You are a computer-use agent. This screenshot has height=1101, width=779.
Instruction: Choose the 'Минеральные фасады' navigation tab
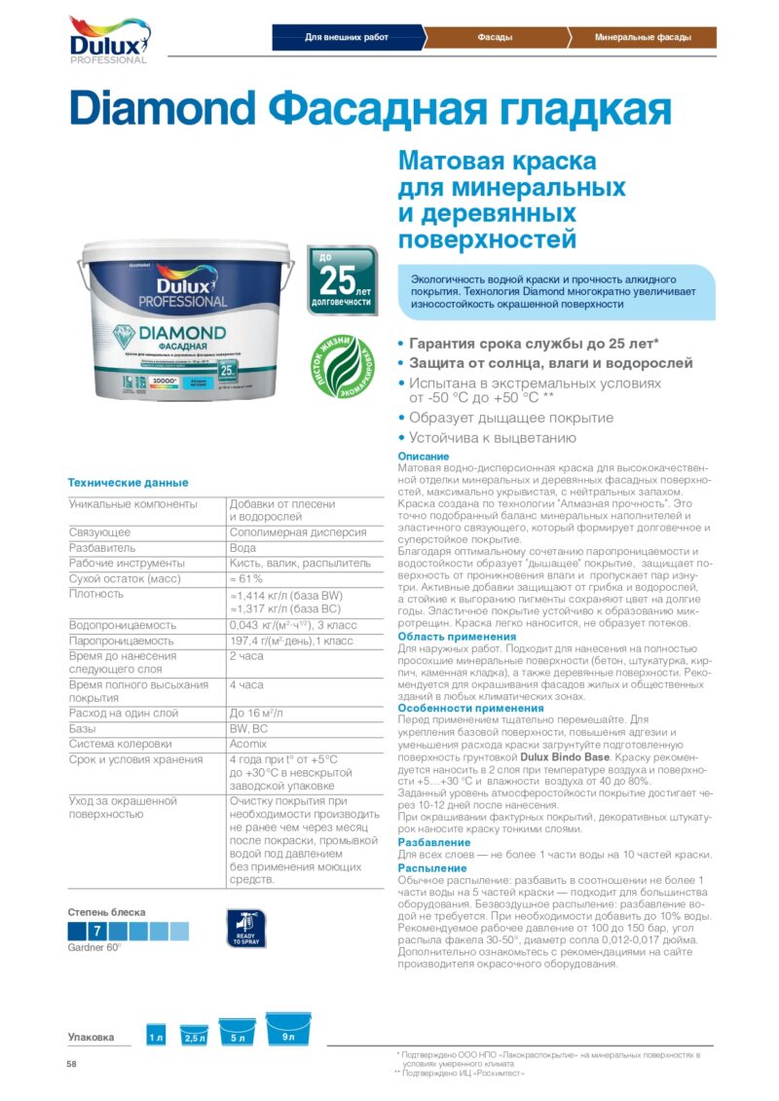(x=643, y=38)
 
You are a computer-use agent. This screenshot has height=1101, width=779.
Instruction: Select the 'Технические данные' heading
(x=128, y=483)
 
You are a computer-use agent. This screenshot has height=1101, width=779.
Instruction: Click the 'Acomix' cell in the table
(x=248, y=743)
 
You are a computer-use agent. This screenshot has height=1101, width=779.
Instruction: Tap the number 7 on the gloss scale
(x=97, y=932)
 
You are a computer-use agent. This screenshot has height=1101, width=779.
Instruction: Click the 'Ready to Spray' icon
(x=245, y=928)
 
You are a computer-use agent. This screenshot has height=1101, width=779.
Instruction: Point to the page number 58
(x=71, y=1064)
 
